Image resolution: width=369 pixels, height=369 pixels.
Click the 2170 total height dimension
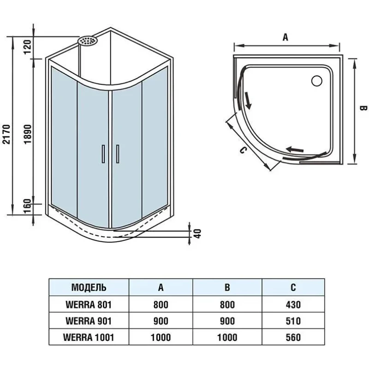pos(6,134)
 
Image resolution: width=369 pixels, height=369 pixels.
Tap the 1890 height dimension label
pos(28,134)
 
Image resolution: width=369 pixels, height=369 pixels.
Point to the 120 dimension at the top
pos(28,47)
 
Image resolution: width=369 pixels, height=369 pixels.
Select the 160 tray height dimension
pos(28,206)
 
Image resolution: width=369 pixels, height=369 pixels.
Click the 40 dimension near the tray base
pos(198,234)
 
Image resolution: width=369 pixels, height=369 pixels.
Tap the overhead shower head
pos(87,41)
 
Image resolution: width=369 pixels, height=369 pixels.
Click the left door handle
pos(103,154)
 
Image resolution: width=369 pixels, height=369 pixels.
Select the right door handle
pos(118,154)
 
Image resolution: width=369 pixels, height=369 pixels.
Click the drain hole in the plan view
pos(316,81)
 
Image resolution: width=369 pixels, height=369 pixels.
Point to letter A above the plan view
pos(285,37)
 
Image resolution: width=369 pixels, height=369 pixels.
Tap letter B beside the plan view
pos(363,108)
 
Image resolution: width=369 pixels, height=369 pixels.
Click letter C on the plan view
pos(243,150)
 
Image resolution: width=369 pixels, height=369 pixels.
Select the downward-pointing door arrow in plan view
pos(248,101)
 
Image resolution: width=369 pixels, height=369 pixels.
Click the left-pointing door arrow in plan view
pos(295,149)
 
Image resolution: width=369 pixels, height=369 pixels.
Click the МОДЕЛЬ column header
pos(89,287)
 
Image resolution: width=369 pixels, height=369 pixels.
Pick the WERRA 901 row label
pos(89,321)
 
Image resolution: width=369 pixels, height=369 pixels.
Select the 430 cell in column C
pos(293,305)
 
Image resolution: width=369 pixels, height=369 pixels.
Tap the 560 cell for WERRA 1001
pos(293,338)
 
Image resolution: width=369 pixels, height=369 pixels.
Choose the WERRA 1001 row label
pos(89,338)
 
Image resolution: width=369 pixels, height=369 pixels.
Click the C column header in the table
pos(293,287)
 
